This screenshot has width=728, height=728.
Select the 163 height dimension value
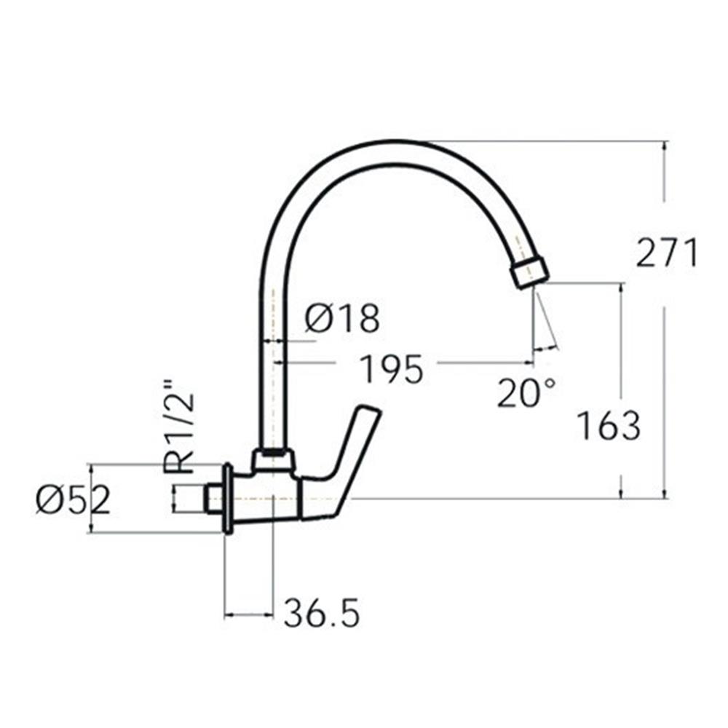pos(609,426)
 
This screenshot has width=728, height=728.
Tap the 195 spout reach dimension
pos(392,369)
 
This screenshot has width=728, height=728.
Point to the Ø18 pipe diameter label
pos(342,319)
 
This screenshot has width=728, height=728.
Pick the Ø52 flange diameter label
pos(73,500)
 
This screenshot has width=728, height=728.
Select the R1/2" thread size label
pos(179,425)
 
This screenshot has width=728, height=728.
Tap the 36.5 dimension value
pos(322,614)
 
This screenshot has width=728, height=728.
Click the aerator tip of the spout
pos(529,272)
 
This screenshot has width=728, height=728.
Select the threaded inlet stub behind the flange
pos(213,499)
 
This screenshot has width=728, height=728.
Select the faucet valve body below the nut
pos(269,499)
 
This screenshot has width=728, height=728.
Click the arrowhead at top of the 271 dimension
pos(664,145)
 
